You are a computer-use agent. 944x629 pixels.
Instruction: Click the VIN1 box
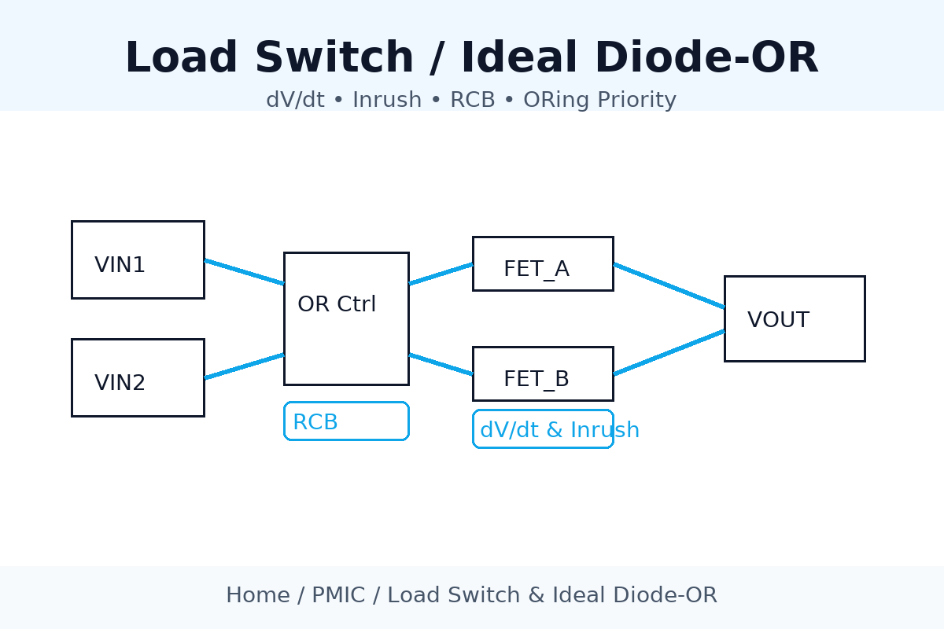coord(138,259)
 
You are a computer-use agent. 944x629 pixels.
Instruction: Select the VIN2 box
coord(138,377)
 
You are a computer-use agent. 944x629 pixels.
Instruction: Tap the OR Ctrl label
coord(337,304)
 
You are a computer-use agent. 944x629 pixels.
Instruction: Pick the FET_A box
coord(543,263)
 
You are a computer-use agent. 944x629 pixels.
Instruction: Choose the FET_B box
coord(543,373)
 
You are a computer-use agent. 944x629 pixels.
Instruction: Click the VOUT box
coord(795,318)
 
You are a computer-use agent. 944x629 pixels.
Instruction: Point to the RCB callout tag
coord(346,421)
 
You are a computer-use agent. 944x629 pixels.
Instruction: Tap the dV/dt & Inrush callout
coord(543,429)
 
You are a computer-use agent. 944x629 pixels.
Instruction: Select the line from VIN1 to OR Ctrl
coord(244,271)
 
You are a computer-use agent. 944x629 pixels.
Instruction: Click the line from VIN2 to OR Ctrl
coord(244,366)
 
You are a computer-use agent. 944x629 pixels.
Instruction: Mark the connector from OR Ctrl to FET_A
coord(441,274)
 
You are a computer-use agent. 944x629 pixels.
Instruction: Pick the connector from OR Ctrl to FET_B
coord(441,364)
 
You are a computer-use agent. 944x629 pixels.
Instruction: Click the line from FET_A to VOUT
coord(669,285)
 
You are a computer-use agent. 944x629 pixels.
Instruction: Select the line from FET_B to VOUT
coord(669,352)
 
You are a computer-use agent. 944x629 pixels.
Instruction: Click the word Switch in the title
coord(334,59)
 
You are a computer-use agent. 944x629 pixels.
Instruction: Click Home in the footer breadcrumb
coord(257,595)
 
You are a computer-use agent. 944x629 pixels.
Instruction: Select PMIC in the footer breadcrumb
coord(338,595)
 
